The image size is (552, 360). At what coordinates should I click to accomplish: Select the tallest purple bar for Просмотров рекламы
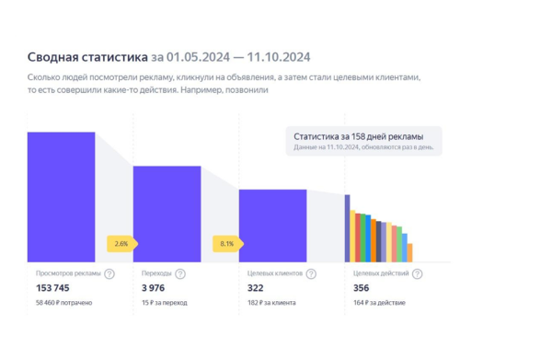click(61, 196)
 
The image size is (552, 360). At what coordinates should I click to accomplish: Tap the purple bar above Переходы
click(167, 213)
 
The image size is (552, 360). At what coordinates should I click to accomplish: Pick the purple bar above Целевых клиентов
click(272, 225)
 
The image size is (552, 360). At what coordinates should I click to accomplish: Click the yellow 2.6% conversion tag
click(121, 244)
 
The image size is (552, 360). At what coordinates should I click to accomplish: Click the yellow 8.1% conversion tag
click(227, 244)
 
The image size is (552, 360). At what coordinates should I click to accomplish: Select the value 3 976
click(154, 288)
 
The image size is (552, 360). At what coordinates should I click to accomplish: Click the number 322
click(259, 288)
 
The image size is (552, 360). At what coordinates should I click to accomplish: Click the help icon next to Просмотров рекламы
click(109, 273)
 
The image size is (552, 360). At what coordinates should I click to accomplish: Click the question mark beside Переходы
click(180, 273)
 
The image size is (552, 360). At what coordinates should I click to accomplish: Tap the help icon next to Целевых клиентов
click(311, 273)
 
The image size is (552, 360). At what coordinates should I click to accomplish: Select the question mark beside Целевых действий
click(418, 273)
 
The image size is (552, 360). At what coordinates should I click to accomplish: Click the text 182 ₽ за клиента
click(272, 302)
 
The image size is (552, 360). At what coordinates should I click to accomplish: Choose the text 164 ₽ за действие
click(380, 302)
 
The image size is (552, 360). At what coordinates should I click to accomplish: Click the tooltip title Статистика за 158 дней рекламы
click(362, 135)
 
